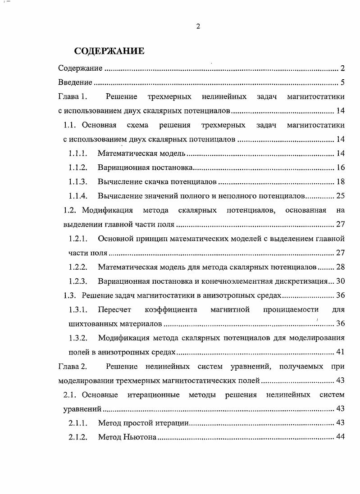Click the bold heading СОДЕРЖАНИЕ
point(109,51)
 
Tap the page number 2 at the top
point(198,26)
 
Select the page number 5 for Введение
point(342,82)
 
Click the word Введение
point(75,82)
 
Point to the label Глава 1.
point(75,97)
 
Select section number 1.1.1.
point(77,154)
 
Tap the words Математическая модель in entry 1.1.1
point(141,154)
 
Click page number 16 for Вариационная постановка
point(340,168)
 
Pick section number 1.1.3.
point(77,182)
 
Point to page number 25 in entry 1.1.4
point(340,196)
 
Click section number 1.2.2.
point(77,267)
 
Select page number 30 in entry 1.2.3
point(340,281)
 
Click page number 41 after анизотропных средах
point(340,352)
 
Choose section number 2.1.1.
point(77,423)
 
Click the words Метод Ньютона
point(127,437)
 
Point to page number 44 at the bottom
point(340,437)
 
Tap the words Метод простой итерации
point(143,423)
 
